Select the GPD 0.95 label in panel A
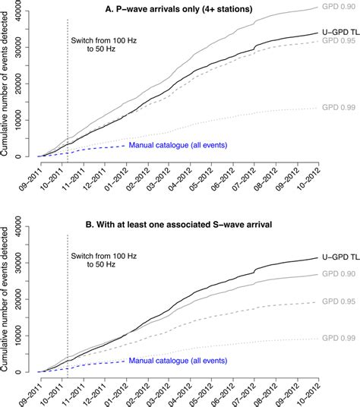click(x=339, y=41)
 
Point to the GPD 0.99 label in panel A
click(x=339, y=107)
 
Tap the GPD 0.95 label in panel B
click(x=339, y=301)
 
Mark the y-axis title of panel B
click(x=6, y=298)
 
